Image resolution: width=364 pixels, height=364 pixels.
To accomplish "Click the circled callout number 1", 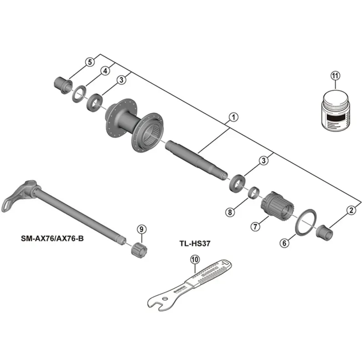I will point(233,118).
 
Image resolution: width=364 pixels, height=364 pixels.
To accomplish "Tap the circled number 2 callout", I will point(350,210).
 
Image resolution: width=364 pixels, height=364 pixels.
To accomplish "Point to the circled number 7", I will point(255,226).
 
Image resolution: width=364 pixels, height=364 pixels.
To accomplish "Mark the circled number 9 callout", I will point(141,229).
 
